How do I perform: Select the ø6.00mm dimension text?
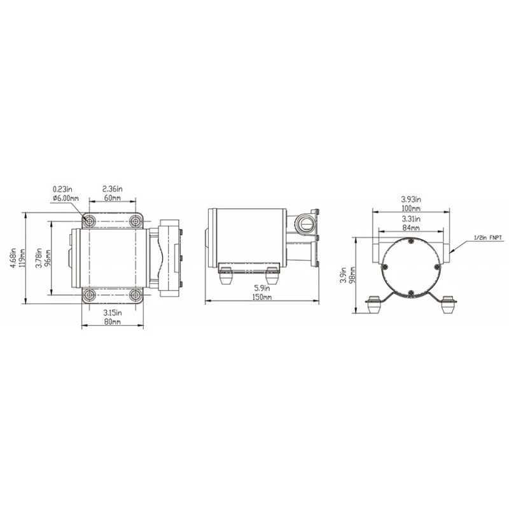pyautogui.click(x=66, y=198)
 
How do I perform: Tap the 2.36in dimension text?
pyautogui.click(x=113, y=189)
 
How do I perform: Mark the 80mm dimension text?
pyautogui.click(x=113, y=322)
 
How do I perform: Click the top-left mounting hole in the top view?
pyautogui.click(x=90, y=221)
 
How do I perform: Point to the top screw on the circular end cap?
pyautogui.click(x=411, y=241)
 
